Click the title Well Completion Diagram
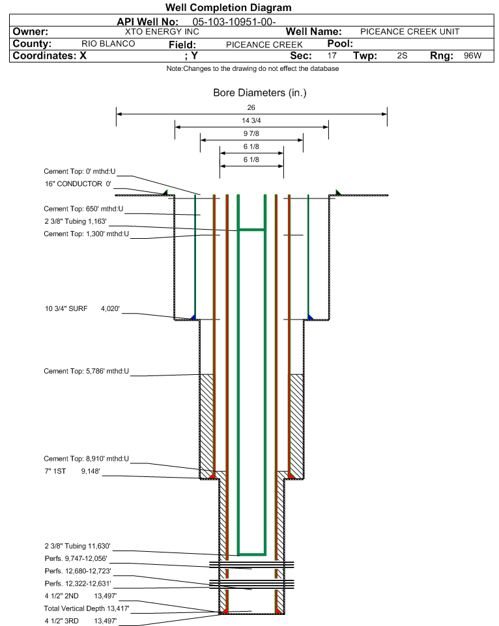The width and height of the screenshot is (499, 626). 228,8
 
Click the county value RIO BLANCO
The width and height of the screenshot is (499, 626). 108,44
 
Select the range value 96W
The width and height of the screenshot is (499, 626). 472,56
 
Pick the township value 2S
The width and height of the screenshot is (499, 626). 402,56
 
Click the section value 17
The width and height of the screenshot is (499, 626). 332,56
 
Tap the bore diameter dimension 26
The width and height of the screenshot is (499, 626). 251,107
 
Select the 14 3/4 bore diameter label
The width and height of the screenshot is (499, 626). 251,120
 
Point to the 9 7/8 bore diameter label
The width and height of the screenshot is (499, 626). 251,133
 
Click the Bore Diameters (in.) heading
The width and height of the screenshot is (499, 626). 259,93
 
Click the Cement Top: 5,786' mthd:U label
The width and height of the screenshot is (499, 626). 87,371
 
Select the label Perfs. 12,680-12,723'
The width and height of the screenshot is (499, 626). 78,571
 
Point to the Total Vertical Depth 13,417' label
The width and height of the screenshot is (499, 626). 87,608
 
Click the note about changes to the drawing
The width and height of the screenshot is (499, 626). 253,68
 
